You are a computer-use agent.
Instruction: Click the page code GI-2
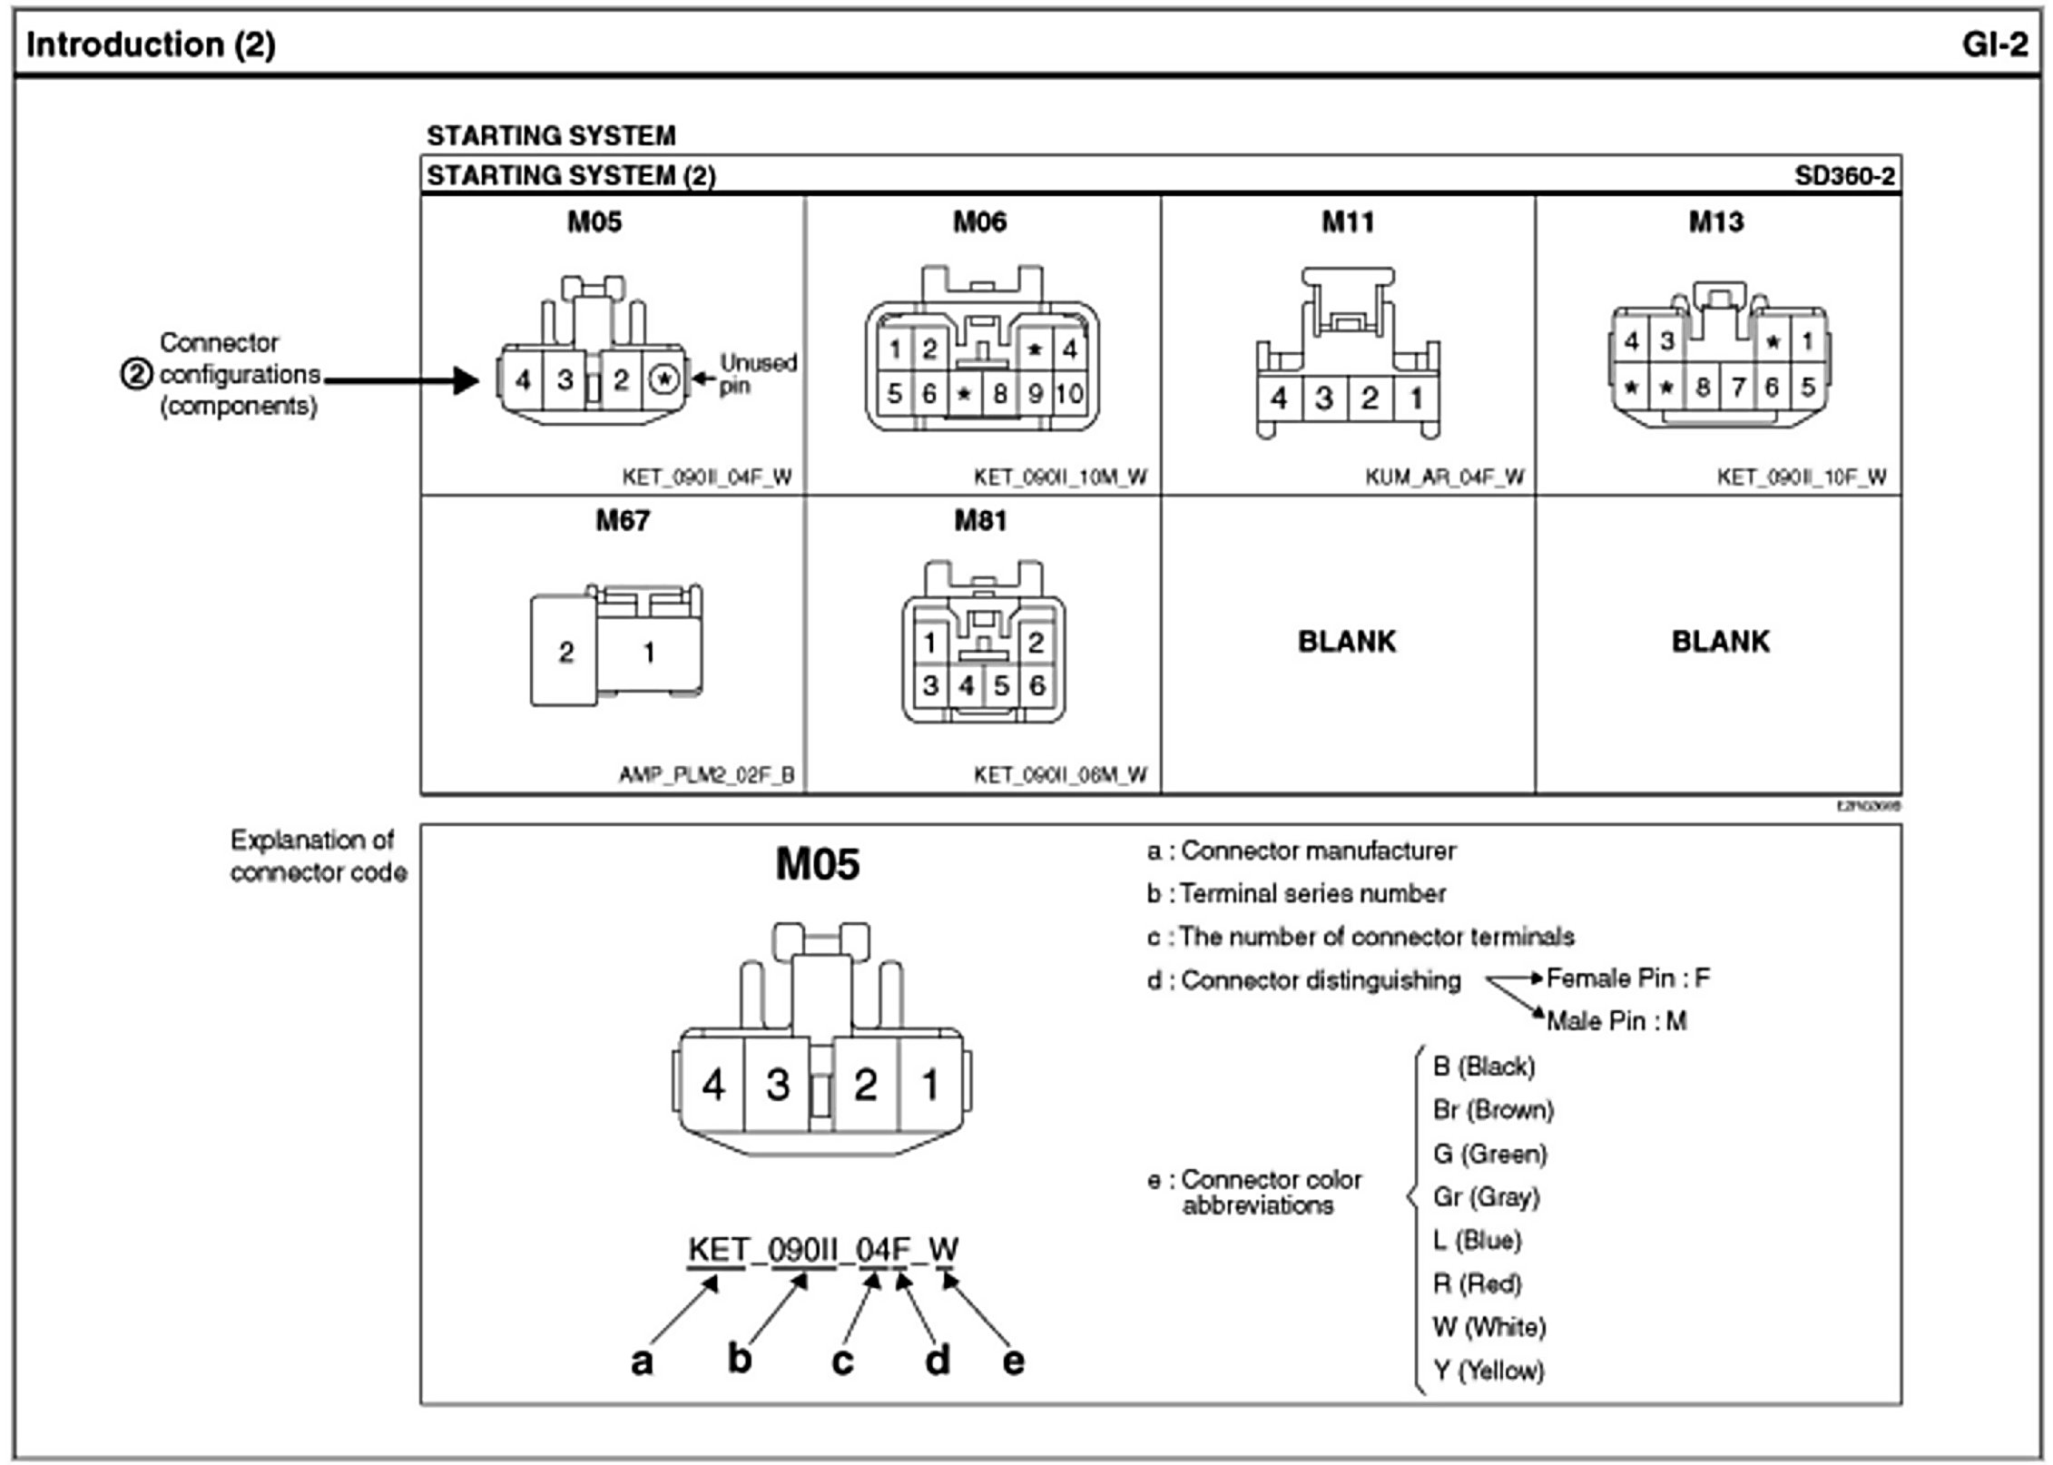1994,44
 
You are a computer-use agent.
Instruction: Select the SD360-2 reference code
1844,175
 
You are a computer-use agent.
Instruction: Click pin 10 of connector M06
1069,393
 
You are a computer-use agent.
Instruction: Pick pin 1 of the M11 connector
1416,398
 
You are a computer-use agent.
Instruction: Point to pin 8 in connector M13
1703,388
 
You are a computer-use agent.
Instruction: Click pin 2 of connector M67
566,652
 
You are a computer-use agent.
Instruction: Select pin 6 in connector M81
1036,685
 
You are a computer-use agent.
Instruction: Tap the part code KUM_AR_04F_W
1444,477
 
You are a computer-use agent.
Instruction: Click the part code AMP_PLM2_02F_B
706,774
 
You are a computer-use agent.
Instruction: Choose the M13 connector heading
1715,222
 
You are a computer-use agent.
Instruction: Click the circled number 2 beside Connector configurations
136,374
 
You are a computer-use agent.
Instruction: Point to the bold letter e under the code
1013,1360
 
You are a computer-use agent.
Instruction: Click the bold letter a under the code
642,1360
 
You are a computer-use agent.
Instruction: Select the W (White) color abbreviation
1488,1326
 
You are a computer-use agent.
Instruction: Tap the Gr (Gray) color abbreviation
1486,1196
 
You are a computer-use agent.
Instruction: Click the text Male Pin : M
1616,1021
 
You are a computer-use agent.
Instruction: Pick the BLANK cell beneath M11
1347,642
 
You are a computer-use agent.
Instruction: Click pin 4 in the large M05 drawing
713,1085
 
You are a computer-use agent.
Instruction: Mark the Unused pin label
758,373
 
